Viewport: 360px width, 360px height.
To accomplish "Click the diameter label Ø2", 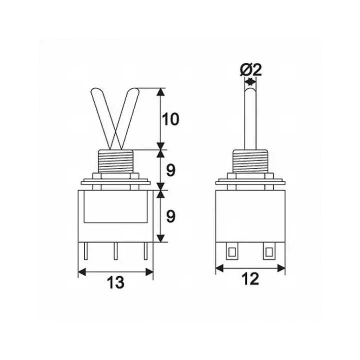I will (x=251, y=69).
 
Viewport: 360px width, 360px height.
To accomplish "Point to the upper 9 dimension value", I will (x=171, y=170).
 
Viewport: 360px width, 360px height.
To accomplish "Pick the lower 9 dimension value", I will (x=171, y=216).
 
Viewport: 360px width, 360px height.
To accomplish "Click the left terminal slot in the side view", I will (x=231, y=251).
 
